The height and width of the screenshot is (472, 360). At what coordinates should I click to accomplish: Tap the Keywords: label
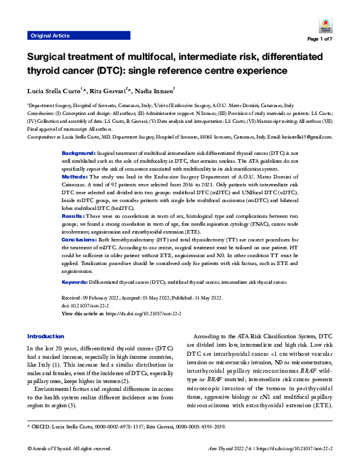coord(76,283)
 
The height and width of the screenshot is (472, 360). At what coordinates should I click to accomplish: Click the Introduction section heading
coord(45,336)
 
